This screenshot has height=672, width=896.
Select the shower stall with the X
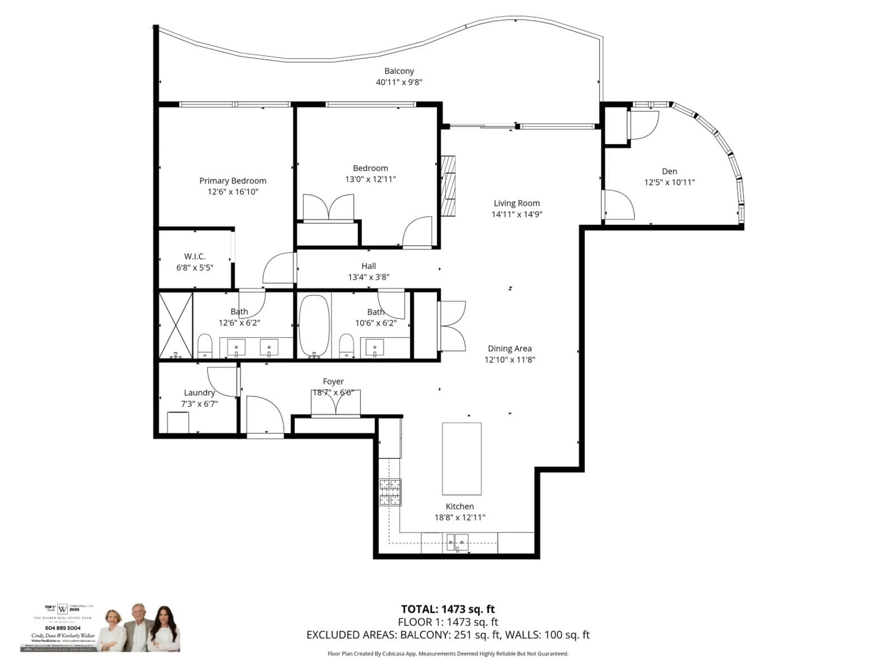click(x=175, y=325)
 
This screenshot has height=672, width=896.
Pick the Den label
click(x=669, y=171)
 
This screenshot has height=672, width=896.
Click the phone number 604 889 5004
click(x=63, y=628)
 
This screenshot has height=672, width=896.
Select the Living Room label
click(x=516, y=203)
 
